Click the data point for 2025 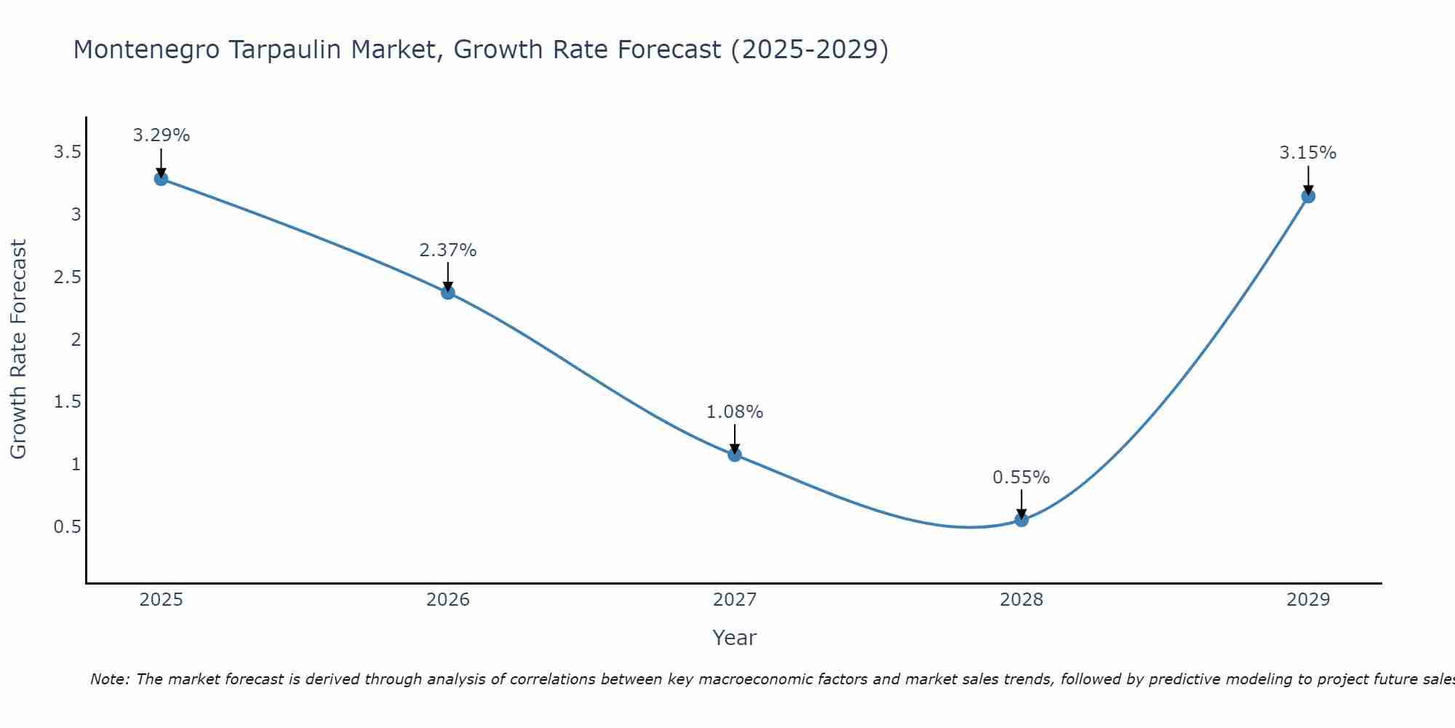point(162,178)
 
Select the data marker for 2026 point(448,293)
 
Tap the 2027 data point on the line point(735,455)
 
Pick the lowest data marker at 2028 point(1021,520)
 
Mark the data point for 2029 point(1308,196)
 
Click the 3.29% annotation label point(162,135)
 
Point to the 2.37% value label point(448,250)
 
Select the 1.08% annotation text point(735,412)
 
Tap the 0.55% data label point(1021,478)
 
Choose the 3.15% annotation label point(1308,153)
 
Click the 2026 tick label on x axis point(448,600)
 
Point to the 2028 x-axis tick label point(1021,600)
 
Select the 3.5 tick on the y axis point(67,152)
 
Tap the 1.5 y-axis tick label point(67,402)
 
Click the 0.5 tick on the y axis point(67,526)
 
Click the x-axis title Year point(735,638)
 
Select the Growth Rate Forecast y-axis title point(18,349)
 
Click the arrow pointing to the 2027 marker point(735,438)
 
